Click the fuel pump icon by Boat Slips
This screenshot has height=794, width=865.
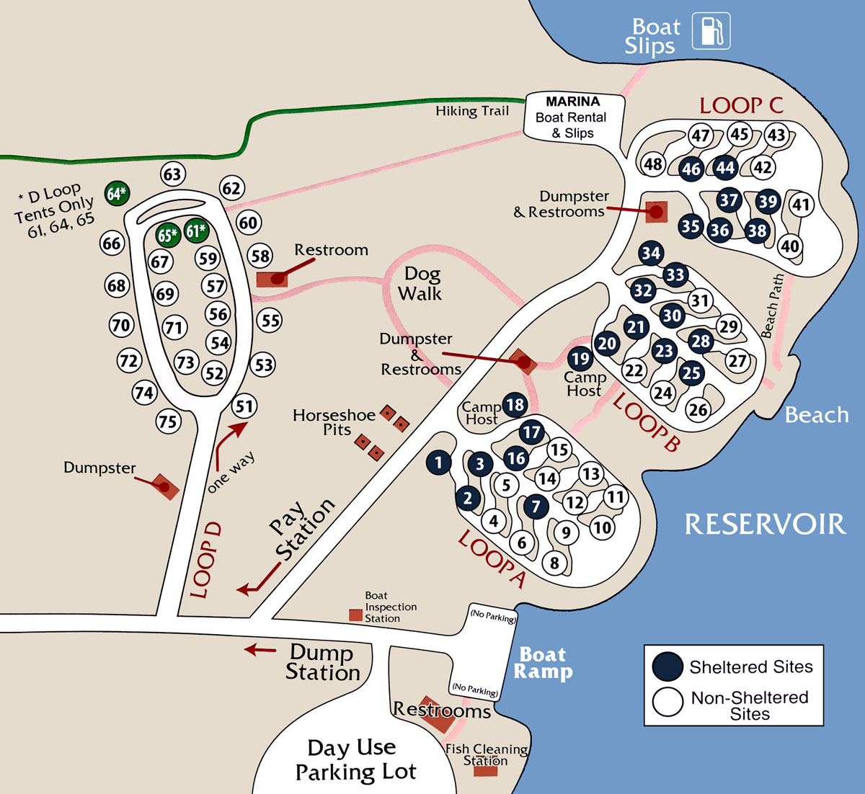click(711, 31)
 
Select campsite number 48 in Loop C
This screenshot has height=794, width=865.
click(653, 164)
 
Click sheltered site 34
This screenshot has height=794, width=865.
click(651, 253)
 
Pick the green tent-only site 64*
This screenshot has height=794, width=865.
click(117, 193)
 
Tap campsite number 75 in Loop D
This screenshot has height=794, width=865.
click(169, 421)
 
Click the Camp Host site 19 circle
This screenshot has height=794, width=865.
click(580, 358)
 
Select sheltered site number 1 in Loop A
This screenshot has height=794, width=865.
click(439, 463)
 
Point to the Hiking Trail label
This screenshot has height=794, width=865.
click(472, 111)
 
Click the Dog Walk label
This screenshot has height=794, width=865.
click(421, 283)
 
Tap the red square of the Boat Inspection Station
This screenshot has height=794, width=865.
click(355, 615)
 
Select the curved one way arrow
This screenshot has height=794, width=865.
click(227, 444)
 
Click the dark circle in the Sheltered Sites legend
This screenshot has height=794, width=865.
click(667, 666)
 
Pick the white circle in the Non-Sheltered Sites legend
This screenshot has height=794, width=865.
click(667, 701)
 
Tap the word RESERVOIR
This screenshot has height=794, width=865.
click(765, 524)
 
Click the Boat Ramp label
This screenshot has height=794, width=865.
click(543, 663)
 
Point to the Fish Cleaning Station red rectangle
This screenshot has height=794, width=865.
click(485, 770)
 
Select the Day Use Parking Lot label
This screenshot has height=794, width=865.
click(355, 759)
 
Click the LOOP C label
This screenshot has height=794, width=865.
click(740, 106)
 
